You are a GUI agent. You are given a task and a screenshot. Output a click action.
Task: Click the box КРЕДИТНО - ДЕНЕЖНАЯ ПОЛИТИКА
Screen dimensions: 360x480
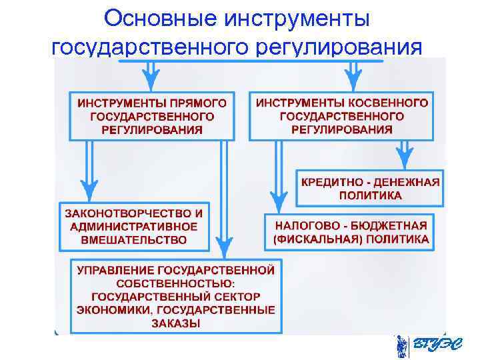pos(369,188)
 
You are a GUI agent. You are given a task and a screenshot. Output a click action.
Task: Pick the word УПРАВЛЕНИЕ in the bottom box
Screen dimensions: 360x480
pos(116,271)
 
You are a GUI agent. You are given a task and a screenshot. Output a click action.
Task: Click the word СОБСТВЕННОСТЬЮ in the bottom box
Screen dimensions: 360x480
pos(175,283)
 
